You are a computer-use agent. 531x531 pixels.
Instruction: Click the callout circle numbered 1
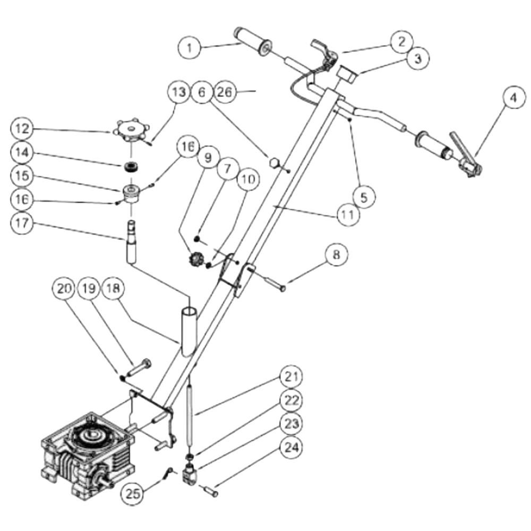(190, 47)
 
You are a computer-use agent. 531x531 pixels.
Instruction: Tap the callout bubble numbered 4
(513, 98)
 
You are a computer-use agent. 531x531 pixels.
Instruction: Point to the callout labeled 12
(22, 129)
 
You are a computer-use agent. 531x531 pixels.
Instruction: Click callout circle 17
(22, 223)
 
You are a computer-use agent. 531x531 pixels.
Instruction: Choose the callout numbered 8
(336, 254)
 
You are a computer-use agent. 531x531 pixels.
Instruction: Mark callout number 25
(132, 493)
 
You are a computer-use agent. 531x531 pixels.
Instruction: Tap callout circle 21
(291, 376)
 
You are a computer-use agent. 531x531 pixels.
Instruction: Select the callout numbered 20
(64, 288)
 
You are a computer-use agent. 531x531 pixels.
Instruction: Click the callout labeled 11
(348, 214)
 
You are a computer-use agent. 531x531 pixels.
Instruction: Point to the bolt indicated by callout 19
(139, 367)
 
